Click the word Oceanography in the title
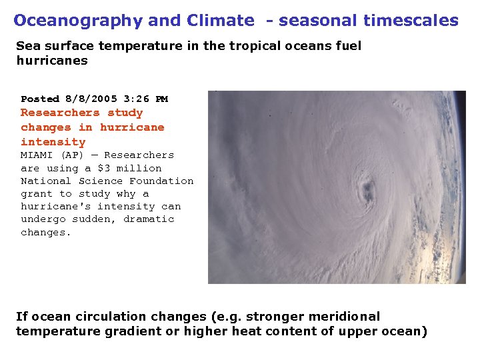78,21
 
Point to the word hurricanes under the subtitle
51,60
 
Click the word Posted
40,99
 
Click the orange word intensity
53,141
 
